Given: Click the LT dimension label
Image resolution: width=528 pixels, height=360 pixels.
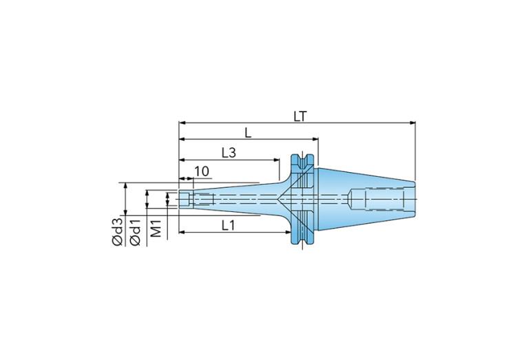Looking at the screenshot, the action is pyautogui.click(x=300, y=116).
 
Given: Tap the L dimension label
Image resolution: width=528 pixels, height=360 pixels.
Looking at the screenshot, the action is pyautogui.click(x=248, y=133).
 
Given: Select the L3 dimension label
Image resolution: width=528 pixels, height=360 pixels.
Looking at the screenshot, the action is pyautogui.click(x=229, y=153).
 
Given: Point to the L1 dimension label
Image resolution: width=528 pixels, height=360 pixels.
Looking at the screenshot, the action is pyautogui.click(x=228, y=225).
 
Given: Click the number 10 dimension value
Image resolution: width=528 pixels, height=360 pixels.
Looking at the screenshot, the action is pyautogui.click(x=202, y=171).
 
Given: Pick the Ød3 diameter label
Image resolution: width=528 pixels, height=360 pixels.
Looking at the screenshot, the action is pyautogui.click(x=118, y=232).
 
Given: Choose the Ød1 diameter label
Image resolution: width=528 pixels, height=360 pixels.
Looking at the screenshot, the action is pyautogui.click(x=136, y=232).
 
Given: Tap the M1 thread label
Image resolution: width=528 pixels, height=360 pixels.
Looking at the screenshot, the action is pyautogui.click(x=156, y=228).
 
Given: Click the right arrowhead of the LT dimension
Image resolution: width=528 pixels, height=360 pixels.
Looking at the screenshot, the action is pyautogui.click(x=412, y=123).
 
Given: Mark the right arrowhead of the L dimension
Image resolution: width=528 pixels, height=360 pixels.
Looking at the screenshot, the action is pyautogui.click(x=315, y=139).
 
